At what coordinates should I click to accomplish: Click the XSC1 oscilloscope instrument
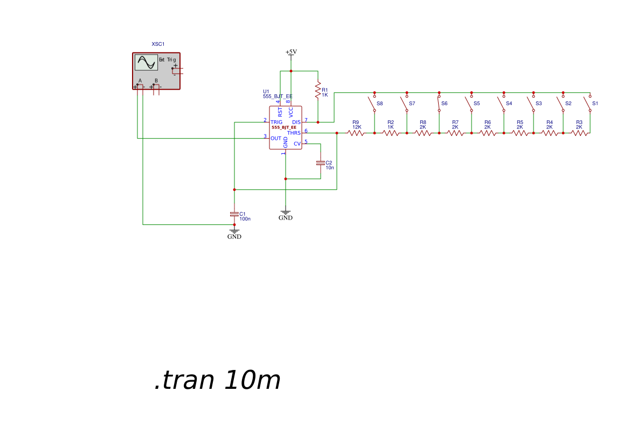point(156,71)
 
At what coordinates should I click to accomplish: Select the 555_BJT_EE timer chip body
point(286,128)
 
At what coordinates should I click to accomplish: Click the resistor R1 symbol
point(318,90)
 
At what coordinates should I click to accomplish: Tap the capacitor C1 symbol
point(234,214)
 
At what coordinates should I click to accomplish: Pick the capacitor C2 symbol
point(321,163)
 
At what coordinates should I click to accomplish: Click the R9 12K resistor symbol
point(356,133)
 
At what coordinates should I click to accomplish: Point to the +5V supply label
point(291,52)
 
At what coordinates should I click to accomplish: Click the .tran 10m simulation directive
point(217,380)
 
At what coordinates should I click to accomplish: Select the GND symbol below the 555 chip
point(286,215)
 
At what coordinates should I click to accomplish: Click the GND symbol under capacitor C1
point(234,233)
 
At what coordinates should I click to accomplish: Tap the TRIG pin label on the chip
point(276,122)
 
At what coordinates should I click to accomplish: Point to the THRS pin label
point(294,133)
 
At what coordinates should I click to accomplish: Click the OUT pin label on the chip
point(276,138)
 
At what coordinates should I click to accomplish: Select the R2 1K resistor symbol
point(391,133)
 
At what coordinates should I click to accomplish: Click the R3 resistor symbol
point(579,133)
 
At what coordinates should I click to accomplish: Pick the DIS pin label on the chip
point(296,122)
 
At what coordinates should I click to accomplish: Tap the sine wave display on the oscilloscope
point(146,62)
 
